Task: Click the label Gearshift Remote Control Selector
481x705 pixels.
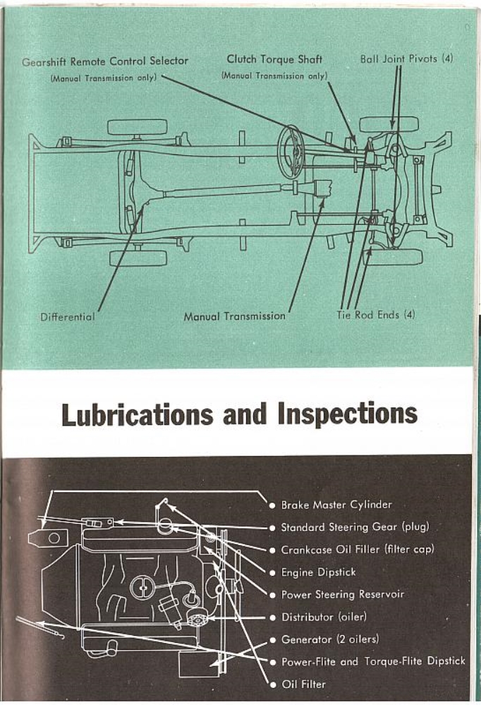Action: coord(105,61)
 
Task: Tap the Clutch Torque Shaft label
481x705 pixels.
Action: coord(274,60)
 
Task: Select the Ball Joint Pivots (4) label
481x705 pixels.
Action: coord(406,59)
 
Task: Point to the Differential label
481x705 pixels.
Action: coord(68,317)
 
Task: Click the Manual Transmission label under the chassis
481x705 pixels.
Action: coord(234,317)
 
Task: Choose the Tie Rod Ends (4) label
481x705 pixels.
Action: coord(376,315)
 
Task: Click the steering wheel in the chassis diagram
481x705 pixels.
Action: coord(290,151)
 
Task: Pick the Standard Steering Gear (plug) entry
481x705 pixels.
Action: coord(354,527)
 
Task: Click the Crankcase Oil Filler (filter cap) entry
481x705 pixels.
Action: coord(358,549)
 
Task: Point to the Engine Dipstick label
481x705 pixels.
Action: coord(318,572)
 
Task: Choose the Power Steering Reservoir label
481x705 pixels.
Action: coord(343,594)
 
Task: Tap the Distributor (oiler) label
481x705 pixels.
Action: coord(324,617)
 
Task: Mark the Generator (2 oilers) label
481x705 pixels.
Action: coord(329,639)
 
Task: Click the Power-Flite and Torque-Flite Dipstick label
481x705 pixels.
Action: coord(373,662)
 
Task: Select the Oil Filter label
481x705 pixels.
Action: coord(303,684)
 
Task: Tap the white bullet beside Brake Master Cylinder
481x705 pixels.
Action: coord(272,505)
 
